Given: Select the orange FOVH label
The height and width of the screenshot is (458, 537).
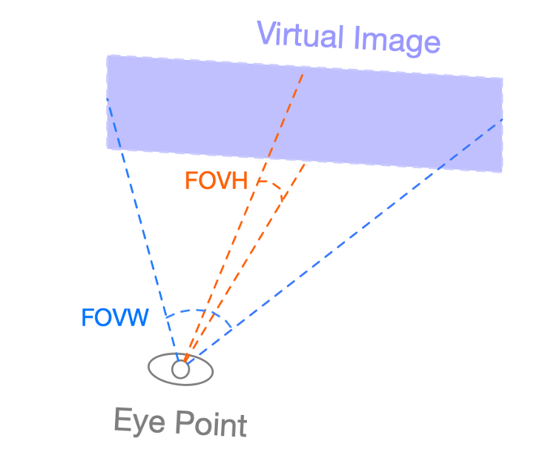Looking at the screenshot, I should point(215,181).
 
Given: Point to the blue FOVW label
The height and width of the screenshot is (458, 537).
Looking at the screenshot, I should point(115,318).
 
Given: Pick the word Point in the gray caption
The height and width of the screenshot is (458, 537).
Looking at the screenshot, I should point(211,425).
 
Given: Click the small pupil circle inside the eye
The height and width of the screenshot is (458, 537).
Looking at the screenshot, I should point(180,368).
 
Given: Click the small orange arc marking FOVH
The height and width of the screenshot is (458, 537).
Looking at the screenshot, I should point(272,187).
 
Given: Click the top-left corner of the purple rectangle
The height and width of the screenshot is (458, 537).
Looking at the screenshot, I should point(108,56).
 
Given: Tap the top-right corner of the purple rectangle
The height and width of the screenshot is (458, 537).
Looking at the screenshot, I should point(503,79).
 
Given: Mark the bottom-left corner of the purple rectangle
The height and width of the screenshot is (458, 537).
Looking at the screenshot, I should point(108,148).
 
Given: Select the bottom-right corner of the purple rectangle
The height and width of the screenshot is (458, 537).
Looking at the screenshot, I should point(502,172).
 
